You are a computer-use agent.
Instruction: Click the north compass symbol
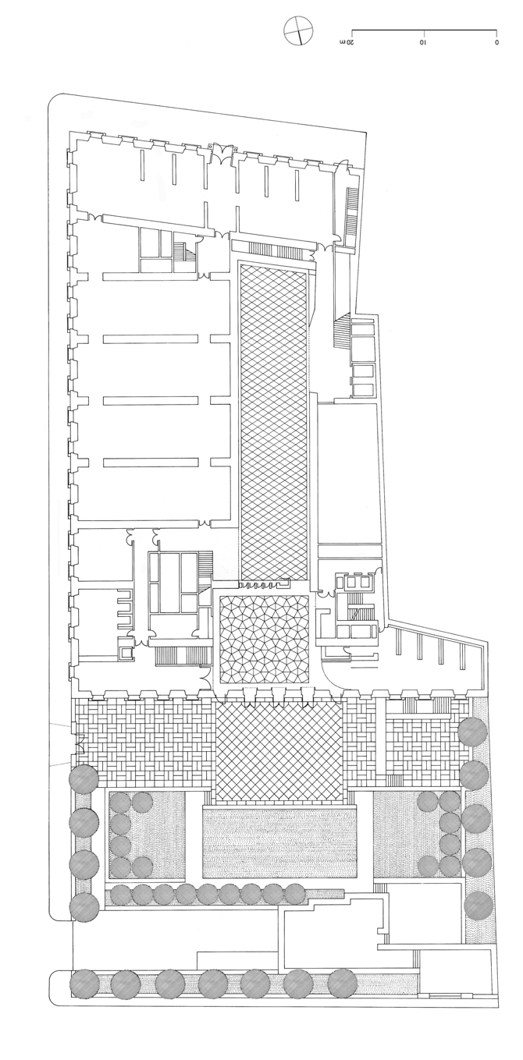pos(298,31)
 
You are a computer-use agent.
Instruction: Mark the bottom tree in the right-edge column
pos(479,906)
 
